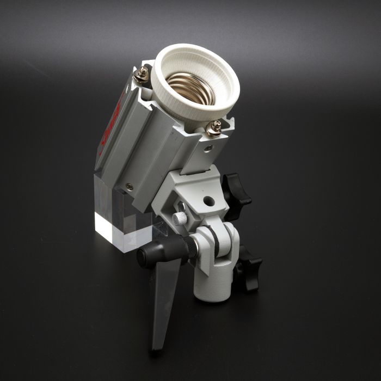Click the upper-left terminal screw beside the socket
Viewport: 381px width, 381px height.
click(145, 72)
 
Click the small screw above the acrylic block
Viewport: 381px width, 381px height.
click(128, 186)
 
